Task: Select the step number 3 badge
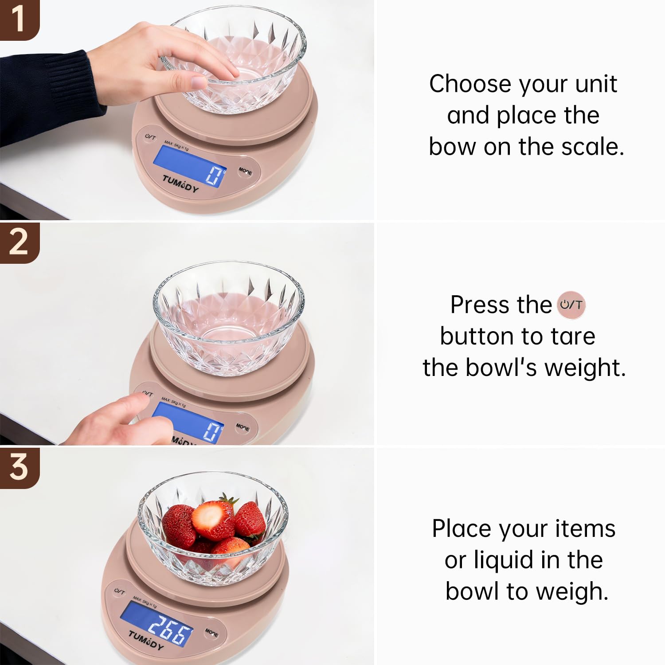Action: coord(19,467)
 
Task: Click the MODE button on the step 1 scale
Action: coord(245,171)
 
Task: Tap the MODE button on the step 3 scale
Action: coord(212,633)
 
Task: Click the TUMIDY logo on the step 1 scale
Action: coord(180,184)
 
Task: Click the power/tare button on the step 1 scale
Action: coord(150,137)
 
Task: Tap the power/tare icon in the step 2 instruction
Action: coord(571,305)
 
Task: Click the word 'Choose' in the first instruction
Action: coord(470,84)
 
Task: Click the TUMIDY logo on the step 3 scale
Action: coord(146,640)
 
